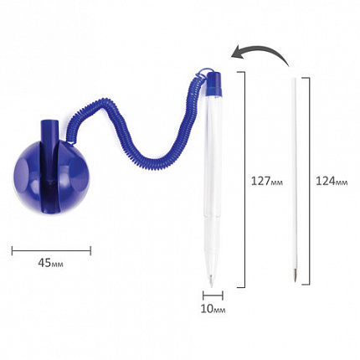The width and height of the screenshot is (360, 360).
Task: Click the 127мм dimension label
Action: tap(267, 181)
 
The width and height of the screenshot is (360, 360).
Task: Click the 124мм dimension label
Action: tap(332, 181)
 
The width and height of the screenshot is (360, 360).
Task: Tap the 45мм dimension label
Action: tap(50, 263)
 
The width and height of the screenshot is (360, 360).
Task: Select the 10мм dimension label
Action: tap(213, 309)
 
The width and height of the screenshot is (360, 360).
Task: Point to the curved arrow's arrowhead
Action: tap(236, 52)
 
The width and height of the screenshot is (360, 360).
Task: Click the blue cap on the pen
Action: tap(214, 83)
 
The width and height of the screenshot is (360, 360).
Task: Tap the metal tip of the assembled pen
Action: tap(211, 281)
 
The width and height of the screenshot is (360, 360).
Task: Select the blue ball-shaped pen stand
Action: tap(51, 178)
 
